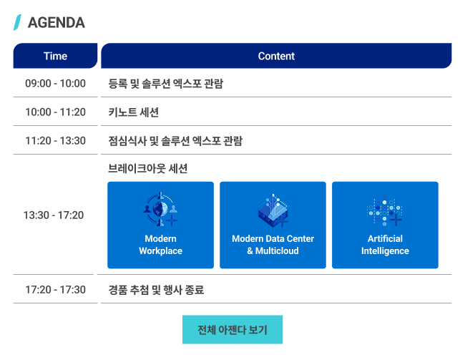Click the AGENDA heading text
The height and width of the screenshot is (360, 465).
57,23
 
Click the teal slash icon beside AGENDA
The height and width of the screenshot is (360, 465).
17,22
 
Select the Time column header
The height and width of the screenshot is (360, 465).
56,56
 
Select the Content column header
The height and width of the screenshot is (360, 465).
276,56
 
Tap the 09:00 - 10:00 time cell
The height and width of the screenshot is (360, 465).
56,84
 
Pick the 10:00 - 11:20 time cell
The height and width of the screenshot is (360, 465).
56,112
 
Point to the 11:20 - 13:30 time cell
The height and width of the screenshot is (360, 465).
56,141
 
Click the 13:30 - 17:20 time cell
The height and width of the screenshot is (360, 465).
54,215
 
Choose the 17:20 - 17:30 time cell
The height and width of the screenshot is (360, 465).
56,289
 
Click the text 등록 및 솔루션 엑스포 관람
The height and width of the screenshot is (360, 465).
165,84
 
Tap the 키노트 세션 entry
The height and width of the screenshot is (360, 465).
134,112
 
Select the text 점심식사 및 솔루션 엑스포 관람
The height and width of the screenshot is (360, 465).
175,141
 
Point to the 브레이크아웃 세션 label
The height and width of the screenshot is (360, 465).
147,168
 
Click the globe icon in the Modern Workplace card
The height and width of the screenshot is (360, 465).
160,209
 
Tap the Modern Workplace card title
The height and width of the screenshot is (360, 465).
160,245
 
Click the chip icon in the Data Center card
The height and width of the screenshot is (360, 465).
273,210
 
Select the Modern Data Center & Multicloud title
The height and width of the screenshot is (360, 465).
273,245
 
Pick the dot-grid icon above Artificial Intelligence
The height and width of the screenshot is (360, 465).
385,210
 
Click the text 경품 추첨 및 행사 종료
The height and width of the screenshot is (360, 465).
156,290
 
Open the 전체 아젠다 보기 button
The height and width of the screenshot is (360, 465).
232,329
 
